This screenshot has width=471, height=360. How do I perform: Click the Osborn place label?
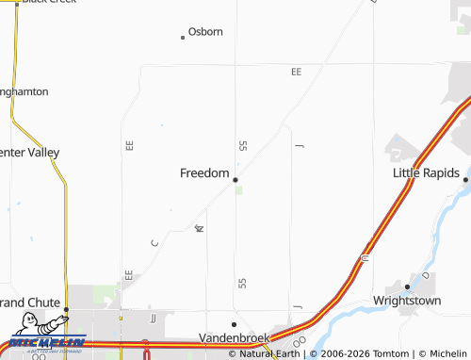(205, 31)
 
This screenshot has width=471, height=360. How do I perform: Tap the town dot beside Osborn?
(183, 38)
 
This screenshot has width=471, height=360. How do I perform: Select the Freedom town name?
(204, 173)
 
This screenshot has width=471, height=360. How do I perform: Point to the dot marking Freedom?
(235, 179)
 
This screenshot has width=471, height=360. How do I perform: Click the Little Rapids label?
(425, 173)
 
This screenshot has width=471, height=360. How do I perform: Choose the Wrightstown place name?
(407, 302)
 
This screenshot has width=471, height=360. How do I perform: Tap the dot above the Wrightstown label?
(407, 286)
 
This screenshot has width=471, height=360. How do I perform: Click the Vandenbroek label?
(235, 337)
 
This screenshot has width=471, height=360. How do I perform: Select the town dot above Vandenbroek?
(235, 324)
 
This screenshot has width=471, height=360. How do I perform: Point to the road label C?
(154, 243)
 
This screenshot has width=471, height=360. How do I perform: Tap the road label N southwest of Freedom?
(199, 228)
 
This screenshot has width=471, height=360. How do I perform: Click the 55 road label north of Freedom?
(242, 145)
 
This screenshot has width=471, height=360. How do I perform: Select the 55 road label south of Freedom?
(242, 282)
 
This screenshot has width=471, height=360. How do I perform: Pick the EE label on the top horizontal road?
(296, 72)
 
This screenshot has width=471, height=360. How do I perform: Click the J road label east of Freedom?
(299, 146)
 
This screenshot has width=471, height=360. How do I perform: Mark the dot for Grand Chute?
(67, 309)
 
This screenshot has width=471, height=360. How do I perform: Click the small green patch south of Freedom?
(239, 190)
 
